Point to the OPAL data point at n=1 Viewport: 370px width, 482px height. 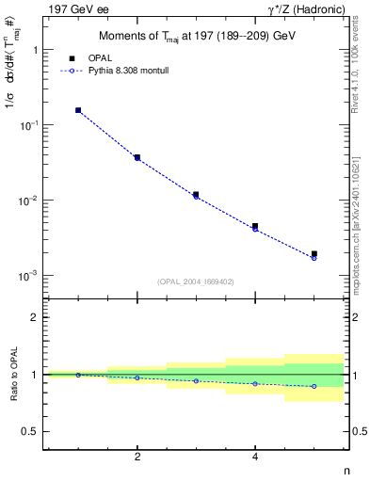tap(78, 110)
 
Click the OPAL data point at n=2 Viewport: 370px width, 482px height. tap(137, 157)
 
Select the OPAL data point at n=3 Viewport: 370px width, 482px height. tap(196, 195)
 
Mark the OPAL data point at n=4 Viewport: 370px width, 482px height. tap(255, 226)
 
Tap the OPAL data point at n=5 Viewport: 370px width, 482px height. tap(314, 253)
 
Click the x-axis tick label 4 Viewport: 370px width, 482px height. tap(255, 457)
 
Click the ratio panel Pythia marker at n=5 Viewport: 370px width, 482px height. tap(314, 386)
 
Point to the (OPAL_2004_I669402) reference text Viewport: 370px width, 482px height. tap(196, 281)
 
